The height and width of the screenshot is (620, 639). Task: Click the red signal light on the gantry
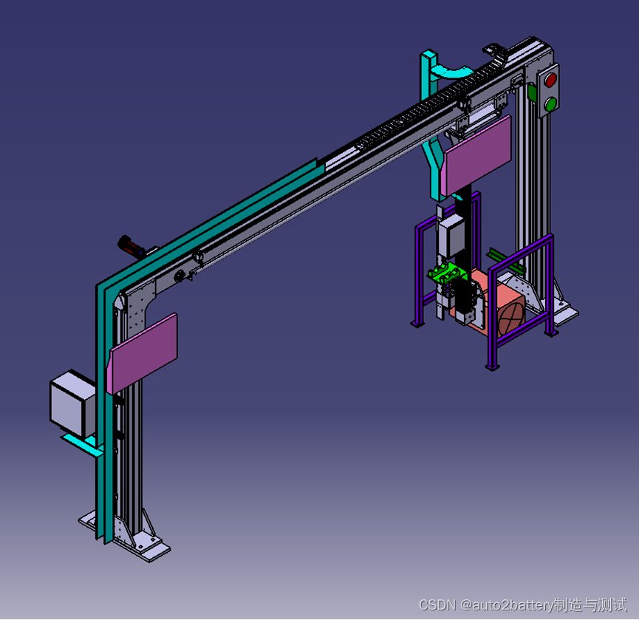[x=550, y=80]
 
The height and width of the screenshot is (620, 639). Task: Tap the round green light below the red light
[x=550, y=104]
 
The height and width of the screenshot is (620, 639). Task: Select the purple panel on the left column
[x=143, y=353]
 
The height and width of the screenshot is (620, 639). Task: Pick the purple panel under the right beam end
[x=476, y=155]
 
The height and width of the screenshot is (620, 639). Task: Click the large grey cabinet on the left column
[x=72, y=403]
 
